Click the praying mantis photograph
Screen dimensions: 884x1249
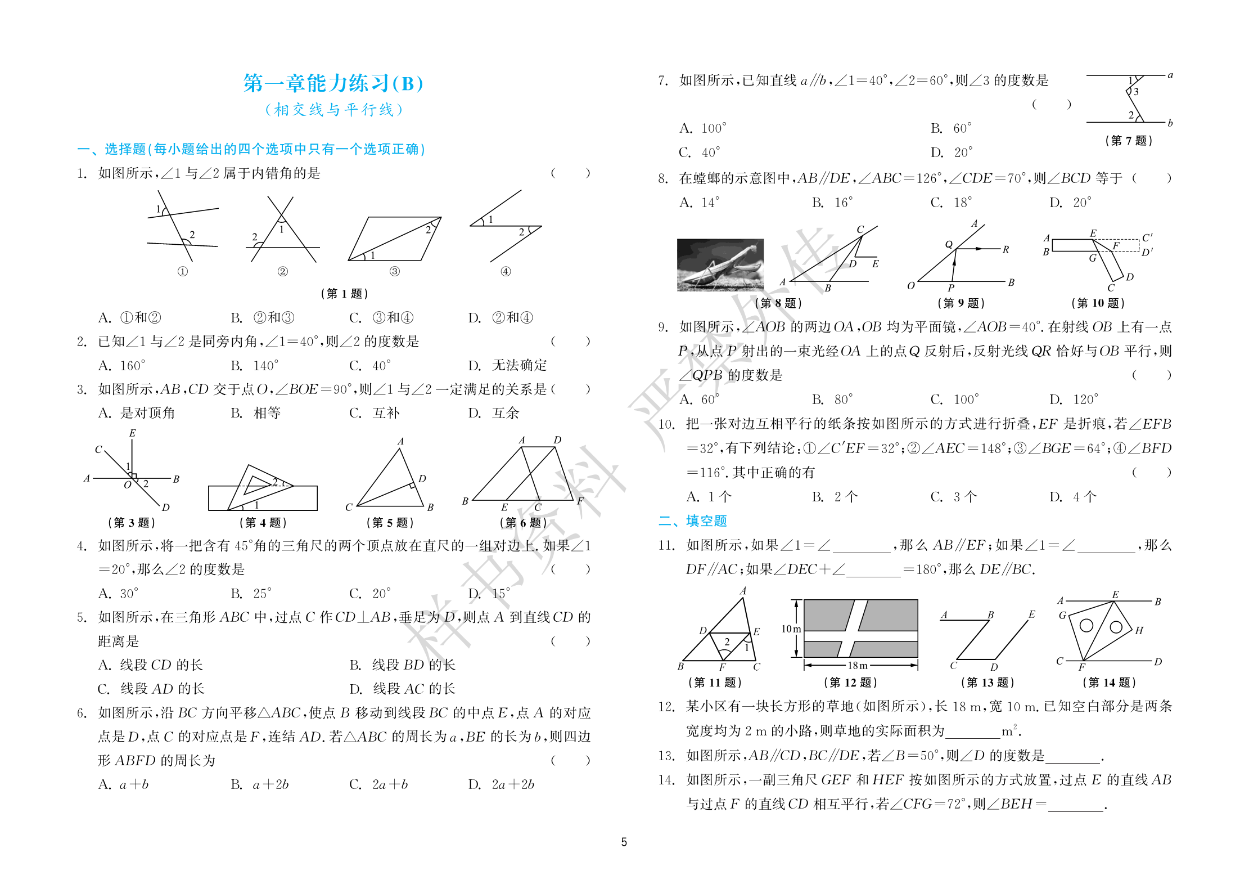(720, 264)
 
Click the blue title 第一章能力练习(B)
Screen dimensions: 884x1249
(333, 83)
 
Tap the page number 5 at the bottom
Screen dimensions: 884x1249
(624, 842)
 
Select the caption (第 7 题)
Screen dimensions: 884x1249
(1128, 141)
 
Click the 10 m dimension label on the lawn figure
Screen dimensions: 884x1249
(791, 629)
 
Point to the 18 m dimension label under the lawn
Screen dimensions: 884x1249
(858, 665)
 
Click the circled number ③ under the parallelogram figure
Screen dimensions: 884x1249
(395, 271)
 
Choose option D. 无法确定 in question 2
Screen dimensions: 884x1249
(507, 366)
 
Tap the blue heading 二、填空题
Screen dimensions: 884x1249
(693, 521)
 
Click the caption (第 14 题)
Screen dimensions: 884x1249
(1109, 683)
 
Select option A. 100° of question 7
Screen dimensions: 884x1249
(703, 128)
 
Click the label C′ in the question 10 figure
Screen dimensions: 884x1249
(1147, 237)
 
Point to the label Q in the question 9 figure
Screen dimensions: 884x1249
(949, 244)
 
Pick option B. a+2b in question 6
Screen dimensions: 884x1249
(260, 784)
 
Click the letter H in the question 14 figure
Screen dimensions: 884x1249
(1139, 630)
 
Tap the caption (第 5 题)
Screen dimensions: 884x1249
(390, 523)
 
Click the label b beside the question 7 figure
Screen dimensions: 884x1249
(1170, 123)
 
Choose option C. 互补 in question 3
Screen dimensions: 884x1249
(375, 413)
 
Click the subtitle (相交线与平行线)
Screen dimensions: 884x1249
(333, 110)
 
